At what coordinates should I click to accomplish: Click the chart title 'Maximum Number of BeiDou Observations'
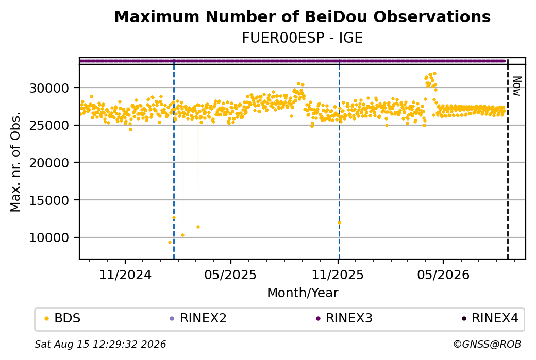pos(302,16)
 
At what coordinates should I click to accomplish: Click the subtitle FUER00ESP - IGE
pos(302,38)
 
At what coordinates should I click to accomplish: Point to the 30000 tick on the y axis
pos(49,88)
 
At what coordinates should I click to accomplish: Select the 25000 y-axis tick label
pos(49,125)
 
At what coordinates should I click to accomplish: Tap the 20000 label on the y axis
pos(49,163)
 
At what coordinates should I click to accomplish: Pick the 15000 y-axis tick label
pos(49,200)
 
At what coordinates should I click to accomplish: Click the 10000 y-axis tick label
pos(49,238)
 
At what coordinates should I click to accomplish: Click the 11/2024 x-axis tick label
pos(125,275)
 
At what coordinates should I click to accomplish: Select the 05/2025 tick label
pos(231,275)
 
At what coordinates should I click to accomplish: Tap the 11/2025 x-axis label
pos(338,275)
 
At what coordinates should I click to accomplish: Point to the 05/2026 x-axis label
pos(443,275)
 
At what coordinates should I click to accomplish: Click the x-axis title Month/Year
pos(303,293)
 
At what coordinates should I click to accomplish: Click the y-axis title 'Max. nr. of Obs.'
pos(15,162)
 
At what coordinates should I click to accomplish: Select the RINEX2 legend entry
pos(198,318)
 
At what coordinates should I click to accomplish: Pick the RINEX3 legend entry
pos(344,318)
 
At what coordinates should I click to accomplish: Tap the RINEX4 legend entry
pos(490,318)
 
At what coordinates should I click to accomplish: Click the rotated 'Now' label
pos(517,86)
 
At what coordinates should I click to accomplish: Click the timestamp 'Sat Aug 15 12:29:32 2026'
pos(100,344)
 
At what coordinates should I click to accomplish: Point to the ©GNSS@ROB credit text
pos(488,344)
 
